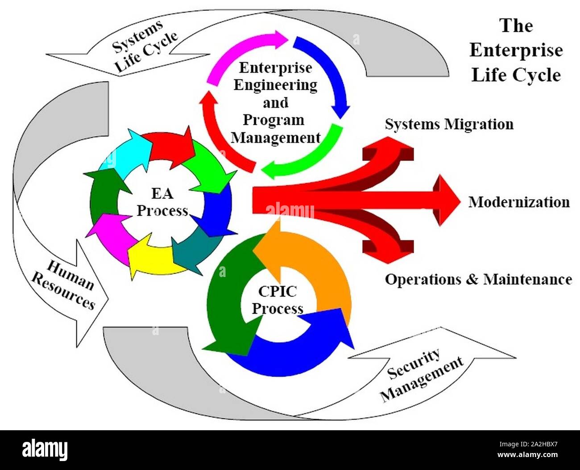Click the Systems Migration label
(449, 124)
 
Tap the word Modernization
(519, 202)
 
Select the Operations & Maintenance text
(478, 280)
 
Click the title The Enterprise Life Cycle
(516, 50)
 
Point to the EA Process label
(162, 202)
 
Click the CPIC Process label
(277, 300)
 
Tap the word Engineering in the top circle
(275, 85)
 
